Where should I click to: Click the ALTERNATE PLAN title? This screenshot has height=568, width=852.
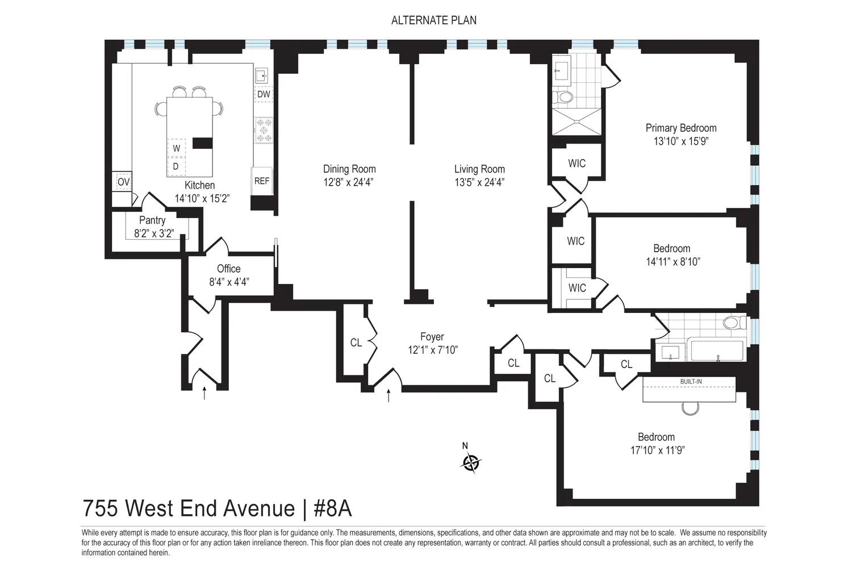pos(433,20)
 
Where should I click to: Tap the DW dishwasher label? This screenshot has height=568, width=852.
pos(264,94)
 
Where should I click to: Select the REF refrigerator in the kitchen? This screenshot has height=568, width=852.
pos(262,181)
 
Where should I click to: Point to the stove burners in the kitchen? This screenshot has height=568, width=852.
pos(264,130)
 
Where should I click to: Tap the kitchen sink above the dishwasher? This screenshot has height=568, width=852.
pos(262,76)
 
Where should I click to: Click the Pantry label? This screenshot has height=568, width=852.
pos(152,220)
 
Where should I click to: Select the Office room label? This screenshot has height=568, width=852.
pos(228,269)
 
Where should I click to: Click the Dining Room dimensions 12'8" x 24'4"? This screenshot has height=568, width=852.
pos(348,182)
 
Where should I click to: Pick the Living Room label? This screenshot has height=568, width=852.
pos(479,169)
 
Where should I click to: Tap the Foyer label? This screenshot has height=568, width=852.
pos(432,337)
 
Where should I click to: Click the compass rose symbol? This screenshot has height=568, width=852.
pos(471,462)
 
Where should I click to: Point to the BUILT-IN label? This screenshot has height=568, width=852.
pos(691,382)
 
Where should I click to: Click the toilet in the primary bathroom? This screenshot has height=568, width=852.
pos(562,97)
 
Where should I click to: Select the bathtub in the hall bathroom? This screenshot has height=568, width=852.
pos(717,350)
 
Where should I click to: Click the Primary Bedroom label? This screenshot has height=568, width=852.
pos(681,128)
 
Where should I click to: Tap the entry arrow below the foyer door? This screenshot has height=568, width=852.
pos(389,395)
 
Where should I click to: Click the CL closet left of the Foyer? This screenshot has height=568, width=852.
pos(356,343)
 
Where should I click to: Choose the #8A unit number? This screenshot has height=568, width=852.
pos(332,508)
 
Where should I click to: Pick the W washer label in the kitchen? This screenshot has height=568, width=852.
pos(177,148)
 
